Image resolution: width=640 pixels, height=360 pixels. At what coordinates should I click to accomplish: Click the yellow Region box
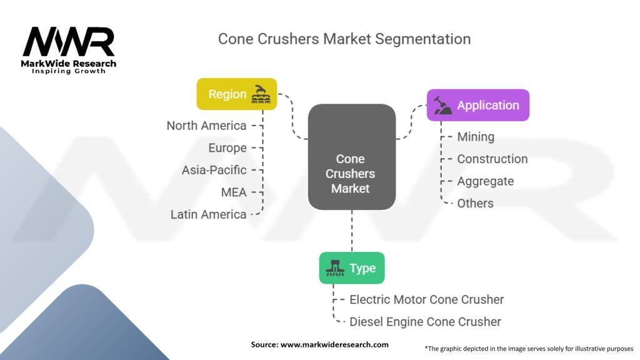237,94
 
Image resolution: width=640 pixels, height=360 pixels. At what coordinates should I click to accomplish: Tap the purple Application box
478,105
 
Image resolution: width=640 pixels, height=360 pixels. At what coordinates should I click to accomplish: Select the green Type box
352,267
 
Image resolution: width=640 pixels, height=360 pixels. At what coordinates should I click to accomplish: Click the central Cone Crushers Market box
352,157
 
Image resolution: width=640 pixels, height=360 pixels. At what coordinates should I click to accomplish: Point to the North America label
206,126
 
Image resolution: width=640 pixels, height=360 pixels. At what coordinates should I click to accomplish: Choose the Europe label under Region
227,147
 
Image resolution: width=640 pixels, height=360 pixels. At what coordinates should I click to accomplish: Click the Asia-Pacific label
214,170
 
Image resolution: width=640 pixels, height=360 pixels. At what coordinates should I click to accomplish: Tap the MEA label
234,192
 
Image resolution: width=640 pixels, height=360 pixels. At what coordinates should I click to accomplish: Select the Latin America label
209,214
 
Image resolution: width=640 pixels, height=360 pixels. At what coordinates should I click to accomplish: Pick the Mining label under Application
476,137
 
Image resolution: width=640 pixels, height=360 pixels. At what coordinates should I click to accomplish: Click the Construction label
492,159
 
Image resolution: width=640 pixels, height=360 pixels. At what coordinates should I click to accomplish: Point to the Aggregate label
485,181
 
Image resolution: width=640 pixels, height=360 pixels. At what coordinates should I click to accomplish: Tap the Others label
475,203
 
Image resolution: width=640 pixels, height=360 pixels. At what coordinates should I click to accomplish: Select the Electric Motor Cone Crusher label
426,299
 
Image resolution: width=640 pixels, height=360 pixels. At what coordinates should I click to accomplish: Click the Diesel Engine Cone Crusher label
425,322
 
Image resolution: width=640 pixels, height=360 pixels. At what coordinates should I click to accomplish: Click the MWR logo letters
69,41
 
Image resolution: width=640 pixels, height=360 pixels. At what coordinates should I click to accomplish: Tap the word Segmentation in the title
423,39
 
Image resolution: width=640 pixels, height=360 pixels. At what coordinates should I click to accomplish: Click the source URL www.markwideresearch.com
334,344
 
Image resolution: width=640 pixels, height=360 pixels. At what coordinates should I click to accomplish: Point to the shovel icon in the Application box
442,105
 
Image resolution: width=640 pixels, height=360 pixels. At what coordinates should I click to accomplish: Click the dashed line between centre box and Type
352,231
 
